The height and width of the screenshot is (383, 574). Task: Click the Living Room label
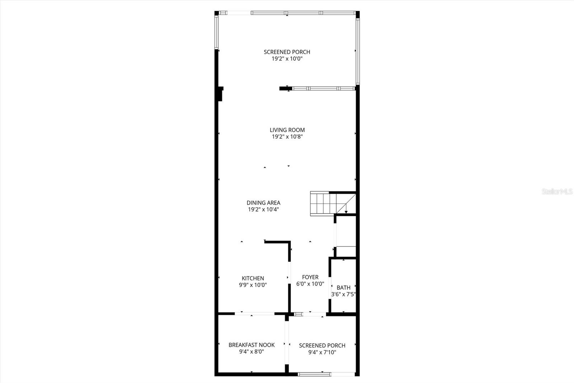click(287, 130)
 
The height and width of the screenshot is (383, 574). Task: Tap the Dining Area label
click(263, 203)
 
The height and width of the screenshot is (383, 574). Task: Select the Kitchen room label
click(253, 278)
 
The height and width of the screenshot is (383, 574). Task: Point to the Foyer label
click(310, 277)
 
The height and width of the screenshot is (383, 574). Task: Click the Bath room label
click(343, 287)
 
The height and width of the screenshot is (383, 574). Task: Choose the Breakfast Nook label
click(251, 345)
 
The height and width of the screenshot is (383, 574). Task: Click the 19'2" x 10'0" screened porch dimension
click(287, 59)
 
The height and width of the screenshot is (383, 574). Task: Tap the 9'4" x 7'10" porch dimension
click(322, 352)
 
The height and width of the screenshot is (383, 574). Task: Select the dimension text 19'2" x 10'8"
click(287, 137)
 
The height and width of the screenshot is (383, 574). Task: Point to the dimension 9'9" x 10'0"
click(253, 285)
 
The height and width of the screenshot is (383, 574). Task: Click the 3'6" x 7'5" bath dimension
click(343, 294)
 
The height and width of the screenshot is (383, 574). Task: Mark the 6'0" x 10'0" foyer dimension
click(310, 284)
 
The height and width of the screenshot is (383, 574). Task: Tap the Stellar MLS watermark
click(557, 191)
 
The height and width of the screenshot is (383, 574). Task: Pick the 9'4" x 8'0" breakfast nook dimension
click(251, 352)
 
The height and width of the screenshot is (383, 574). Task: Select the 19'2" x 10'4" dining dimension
click(263, 209)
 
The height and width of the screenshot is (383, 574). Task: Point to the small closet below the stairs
click(345, 236)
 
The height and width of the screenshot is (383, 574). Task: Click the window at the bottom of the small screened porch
click(315, 374)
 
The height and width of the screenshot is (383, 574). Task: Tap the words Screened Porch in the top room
click(287, 52)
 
